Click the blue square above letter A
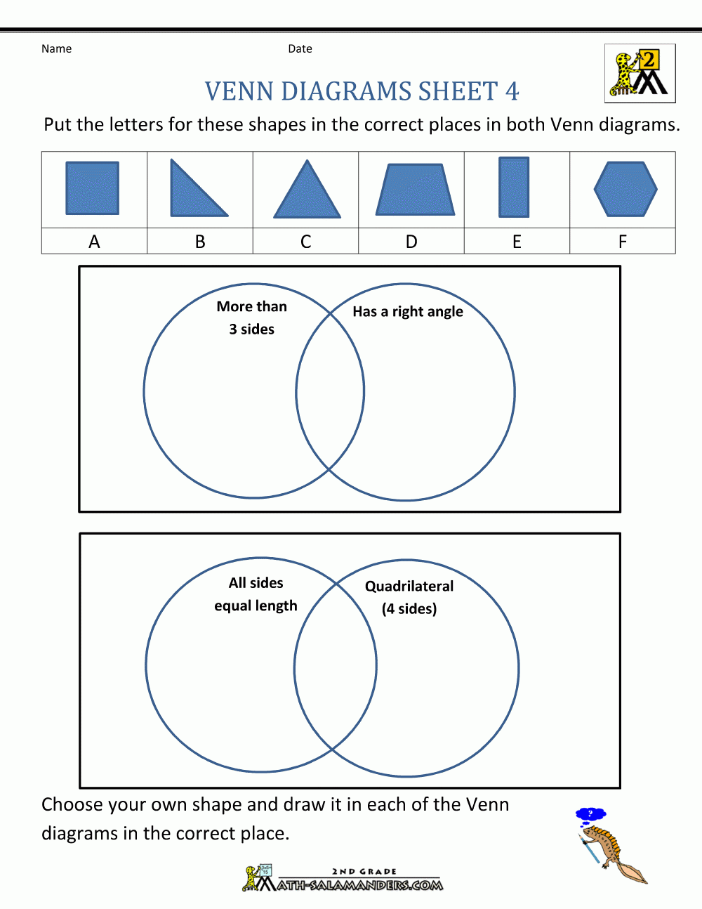92,188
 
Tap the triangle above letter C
307,195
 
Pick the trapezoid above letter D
415,190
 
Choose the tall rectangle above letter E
514,187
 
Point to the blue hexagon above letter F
625,189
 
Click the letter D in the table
411,242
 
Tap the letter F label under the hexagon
623,242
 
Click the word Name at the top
56,48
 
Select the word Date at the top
300,48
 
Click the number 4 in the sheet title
512,91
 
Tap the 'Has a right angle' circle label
408,311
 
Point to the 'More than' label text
251,306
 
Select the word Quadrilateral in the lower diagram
409,586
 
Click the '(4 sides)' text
409,608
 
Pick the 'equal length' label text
256,606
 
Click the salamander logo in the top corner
640,73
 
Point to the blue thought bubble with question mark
590,815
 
